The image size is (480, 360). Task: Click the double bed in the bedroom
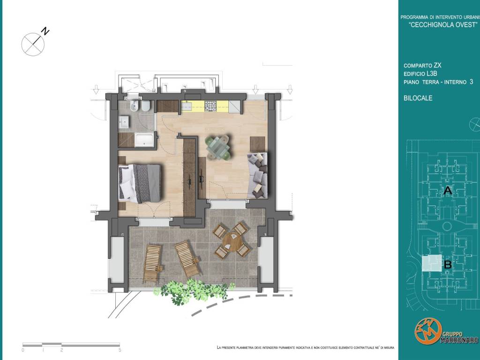[140, 184]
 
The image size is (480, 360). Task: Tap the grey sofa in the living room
[258, 176]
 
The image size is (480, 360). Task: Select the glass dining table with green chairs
[217, 148]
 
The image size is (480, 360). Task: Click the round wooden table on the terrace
[232, 241]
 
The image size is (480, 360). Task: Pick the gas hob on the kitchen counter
[210, 106]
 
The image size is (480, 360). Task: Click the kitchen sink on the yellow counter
[187, 106]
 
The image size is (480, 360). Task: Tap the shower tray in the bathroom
[144, 140]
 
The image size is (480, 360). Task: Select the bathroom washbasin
[124, 122]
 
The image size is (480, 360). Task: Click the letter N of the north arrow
[45, 31]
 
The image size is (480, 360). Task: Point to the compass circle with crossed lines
[33, 45]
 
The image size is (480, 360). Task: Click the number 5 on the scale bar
[120, 350]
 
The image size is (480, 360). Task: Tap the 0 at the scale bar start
[23, 350]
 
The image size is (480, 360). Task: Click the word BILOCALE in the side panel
[418, 98]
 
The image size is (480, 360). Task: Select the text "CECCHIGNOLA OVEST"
[443, 25]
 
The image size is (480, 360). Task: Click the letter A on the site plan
[448, 190]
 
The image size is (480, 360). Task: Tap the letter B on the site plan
[448, 264]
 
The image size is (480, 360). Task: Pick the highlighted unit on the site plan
[432, 263]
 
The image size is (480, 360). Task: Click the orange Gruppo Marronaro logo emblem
[428, 331]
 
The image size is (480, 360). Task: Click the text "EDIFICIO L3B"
[420, 74]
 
